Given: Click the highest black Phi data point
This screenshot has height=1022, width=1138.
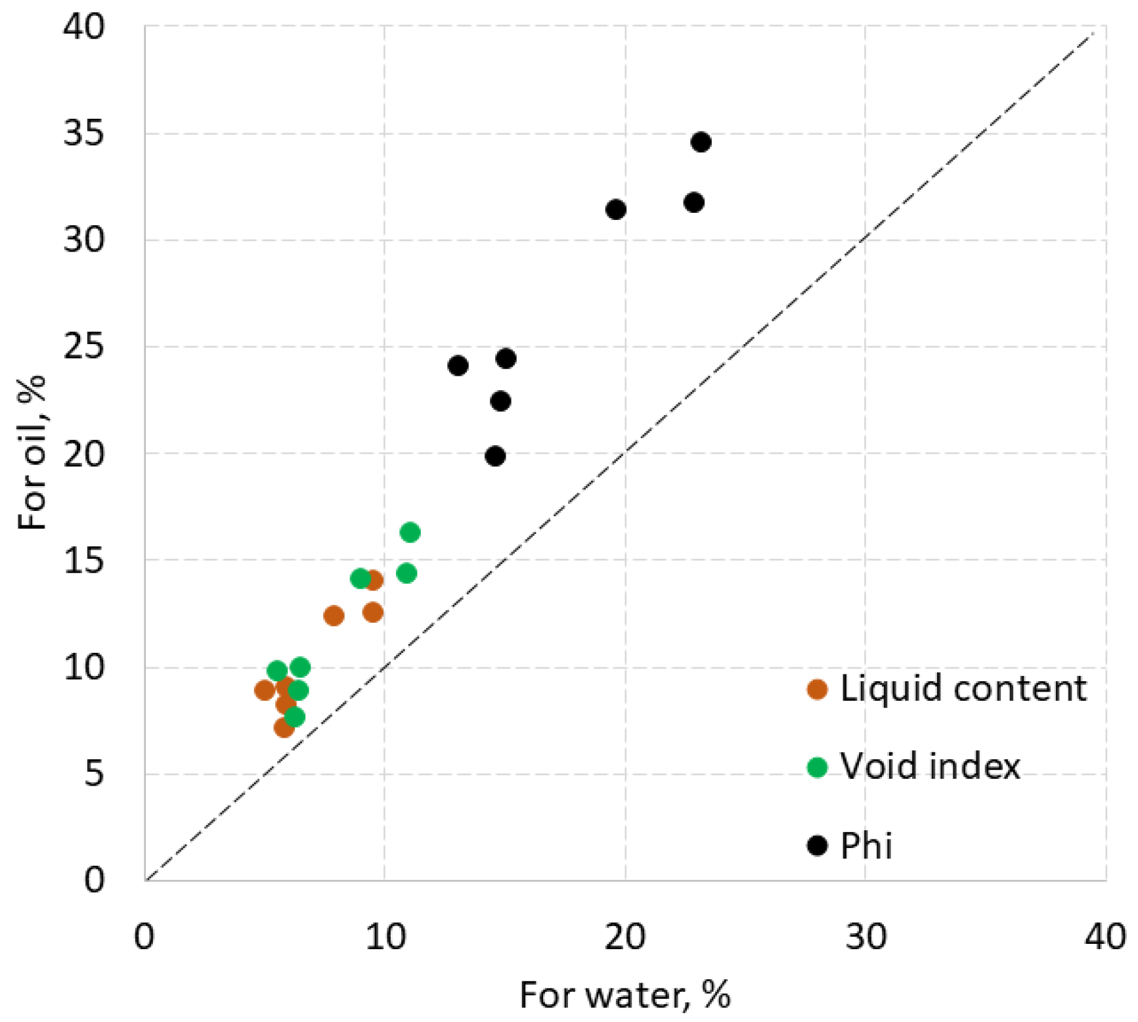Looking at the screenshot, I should click(701, 142).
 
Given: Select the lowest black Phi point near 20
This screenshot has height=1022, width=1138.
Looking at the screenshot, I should click(495, 456).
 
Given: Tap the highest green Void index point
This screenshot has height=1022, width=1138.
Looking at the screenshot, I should click(410, 532).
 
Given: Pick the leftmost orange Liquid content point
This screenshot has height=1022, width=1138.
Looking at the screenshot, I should click(265, 690).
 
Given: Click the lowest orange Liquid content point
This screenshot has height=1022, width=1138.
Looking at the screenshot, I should click(284, 728).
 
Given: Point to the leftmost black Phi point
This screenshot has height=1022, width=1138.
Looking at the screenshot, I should click(458, 366).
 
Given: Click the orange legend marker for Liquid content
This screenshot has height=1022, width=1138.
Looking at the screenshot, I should click(817, 690).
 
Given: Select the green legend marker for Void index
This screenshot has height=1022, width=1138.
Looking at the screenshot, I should click(817, 767).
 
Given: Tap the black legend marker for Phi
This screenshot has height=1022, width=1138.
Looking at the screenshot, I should click(817, 845).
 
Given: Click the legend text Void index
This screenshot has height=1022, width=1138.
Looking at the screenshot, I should click(930, 766).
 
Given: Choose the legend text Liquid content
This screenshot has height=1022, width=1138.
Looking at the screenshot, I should click(963, 689).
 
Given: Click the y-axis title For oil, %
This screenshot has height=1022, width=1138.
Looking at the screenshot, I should click(33, 453).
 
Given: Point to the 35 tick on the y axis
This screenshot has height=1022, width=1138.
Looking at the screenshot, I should click(83, 134).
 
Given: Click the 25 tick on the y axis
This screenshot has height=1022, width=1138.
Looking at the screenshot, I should click(83, 347).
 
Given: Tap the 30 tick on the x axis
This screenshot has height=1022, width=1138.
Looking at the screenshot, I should click(865, 937).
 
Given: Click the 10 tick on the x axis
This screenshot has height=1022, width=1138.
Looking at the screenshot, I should click(385, 937).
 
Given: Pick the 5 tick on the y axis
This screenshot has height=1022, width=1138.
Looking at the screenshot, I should click(93, 774).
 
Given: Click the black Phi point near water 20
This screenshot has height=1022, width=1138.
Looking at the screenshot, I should click(615, 210).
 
